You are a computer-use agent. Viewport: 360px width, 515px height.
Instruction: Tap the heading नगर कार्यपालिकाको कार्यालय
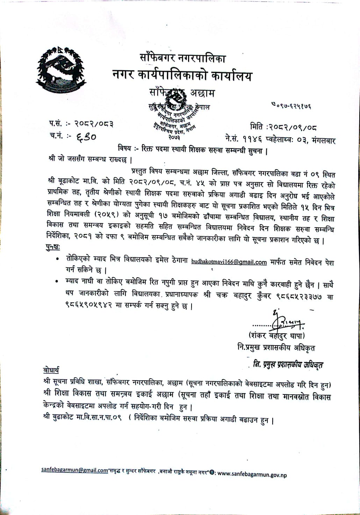[x=182, y=75]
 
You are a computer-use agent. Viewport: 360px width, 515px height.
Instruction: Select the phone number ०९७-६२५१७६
[x=291, y=105]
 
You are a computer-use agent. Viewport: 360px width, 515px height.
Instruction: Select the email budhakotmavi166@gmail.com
[x=229, y=262]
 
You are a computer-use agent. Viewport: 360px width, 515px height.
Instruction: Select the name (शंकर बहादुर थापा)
[x=276, y=336]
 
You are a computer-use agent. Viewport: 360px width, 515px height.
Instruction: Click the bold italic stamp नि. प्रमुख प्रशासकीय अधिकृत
[x=288, y=365]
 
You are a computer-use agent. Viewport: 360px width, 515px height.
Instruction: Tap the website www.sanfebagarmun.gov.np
[x=252, y=475]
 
